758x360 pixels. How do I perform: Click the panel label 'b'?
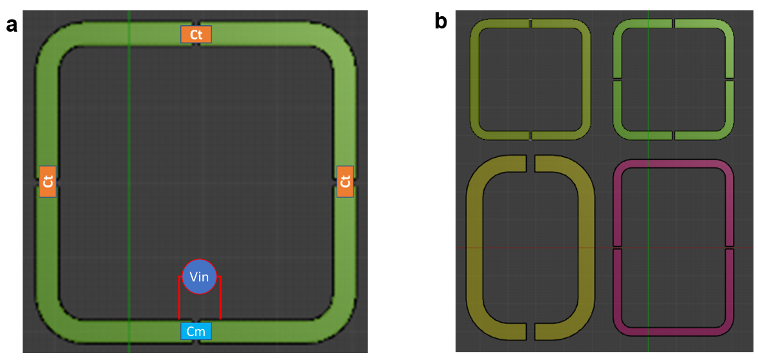pos(441,21)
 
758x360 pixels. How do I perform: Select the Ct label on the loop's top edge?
pos(196,35)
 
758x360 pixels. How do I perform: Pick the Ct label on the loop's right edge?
pos(345,182)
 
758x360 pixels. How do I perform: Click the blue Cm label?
pos(196,331)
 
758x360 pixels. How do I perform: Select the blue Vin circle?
pos(199,277)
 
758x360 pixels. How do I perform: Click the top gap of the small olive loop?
pos(531,25)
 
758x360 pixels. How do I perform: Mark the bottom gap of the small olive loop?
pos(531,134)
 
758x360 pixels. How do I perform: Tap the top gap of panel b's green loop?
pos(673,25)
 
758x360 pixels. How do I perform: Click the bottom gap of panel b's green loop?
pos(673,134)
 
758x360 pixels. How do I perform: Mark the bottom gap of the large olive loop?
pos(531,332)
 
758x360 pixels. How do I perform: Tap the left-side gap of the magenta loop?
pos(617,248)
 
